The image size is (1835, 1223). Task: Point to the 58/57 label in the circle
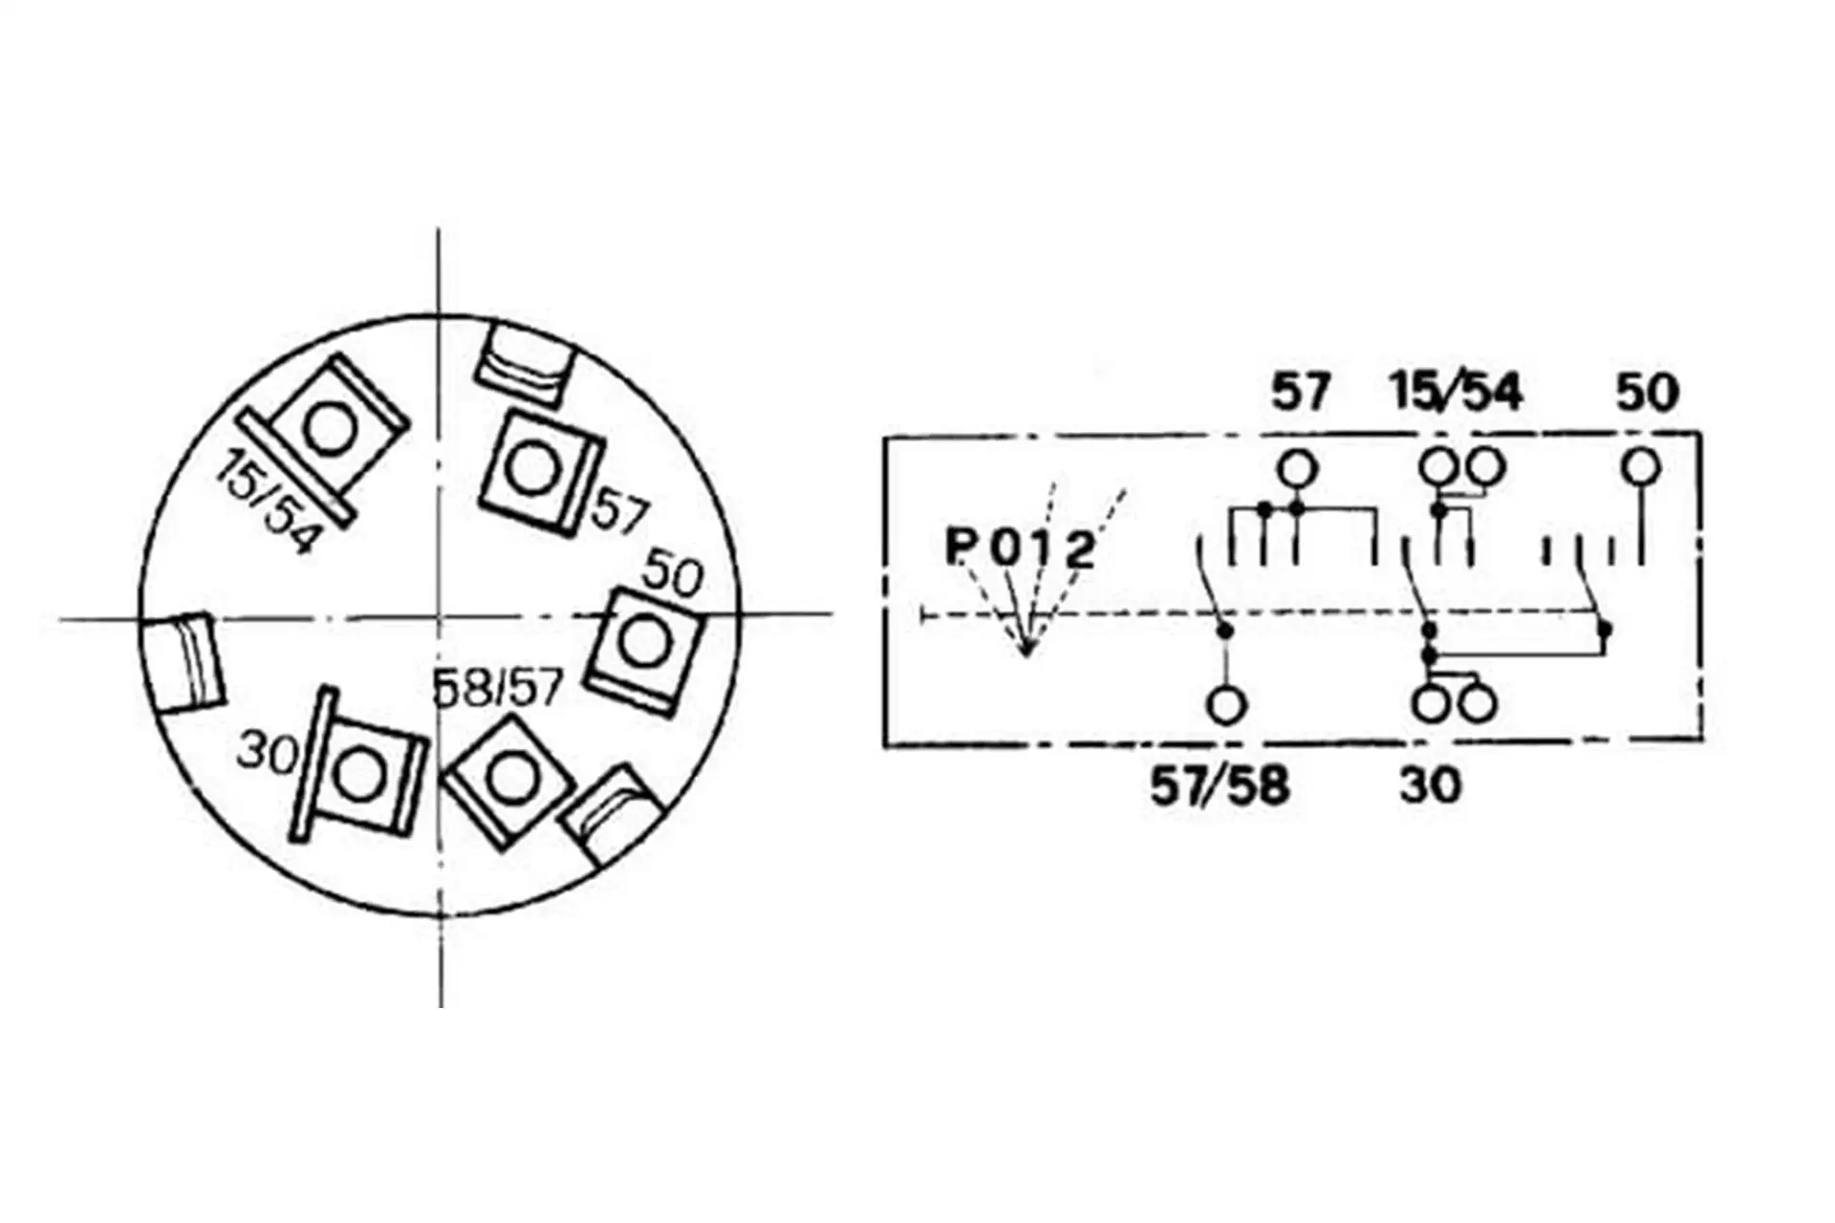pyautogui.click(x=497, y=687)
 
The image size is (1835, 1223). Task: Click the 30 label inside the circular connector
pyautogui.click(x=269, y=752)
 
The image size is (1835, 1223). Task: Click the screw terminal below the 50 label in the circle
pyautogui.click(x=643, y=650)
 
